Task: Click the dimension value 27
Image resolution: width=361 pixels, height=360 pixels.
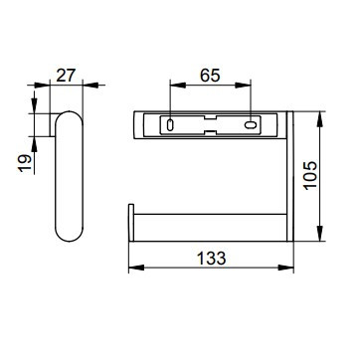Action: (66, 76)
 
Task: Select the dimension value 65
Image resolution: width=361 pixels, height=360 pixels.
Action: (210, 76)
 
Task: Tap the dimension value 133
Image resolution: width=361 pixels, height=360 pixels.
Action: (212, 259)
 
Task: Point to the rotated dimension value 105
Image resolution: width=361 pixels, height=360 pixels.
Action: (311, 176)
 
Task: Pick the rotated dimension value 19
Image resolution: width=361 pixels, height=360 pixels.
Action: (25, 163)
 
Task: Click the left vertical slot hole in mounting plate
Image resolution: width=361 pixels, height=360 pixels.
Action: (170, 125)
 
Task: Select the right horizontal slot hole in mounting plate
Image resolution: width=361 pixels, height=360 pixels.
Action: (251, 125)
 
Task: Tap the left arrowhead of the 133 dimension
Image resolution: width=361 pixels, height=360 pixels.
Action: (136, 268)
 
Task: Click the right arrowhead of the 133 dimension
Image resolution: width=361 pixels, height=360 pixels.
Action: (285, 268)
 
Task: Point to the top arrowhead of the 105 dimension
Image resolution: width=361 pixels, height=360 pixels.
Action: (320, 119)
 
